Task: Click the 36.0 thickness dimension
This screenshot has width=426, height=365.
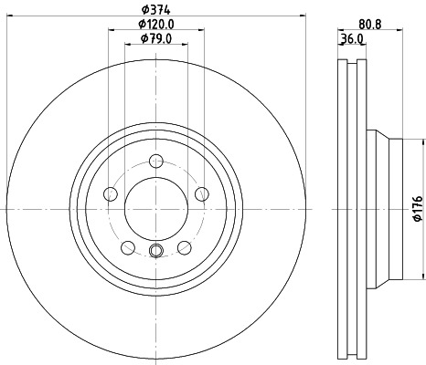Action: pyautogui.click(x=352, y=39)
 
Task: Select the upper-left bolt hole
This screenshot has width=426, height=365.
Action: pyautogui.click(x=111, y=193)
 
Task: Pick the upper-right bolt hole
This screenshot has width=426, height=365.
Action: pyautogui.click(x=200, y=193)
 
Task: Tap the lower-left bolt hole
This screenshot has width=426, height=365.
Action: pyautogui.click(x=127, y=246)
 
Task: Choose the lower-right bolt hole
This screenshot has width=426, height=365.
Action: pyautogui.click(x=184, y=246)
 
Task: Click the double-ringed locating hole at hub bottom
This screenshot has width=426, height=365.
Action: pyautogui.click(x=155, y=253)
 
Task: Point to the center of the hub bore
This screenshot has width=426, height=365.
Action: pyautogui.click(x=155, y=209)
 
